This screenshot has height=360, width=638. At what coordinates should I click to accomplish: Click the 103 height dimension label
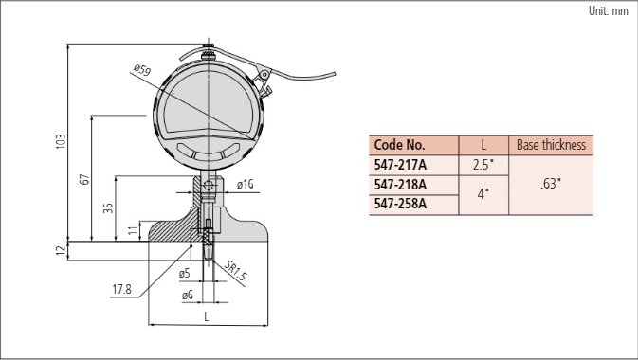click(61, 141)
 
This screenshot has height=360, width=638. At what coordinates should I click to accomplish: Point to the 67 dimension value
click(84, 179)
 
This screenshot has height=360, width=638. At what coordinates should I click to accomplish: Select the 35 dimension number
click(108, 208)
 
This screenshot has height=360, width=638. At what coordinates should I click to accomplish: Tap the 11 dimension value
click(133, 230)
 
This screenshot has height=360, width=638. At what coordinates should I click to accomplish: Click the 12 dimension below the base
click(61, 250)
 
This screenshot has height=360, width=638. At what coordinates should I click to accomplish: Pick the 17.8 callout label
click(121, 289)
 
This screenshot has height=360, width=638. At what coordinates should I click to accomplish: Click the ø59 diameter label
click(142, 70)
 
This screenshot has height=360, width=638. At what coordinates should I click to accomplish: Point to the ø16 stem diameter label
click(245, 185)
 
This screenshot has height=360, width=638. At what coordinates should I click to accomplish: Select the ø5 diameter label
click(184, 274)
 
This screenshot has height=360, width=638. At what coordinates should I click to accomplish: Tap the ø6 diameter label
click(187, 295)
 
